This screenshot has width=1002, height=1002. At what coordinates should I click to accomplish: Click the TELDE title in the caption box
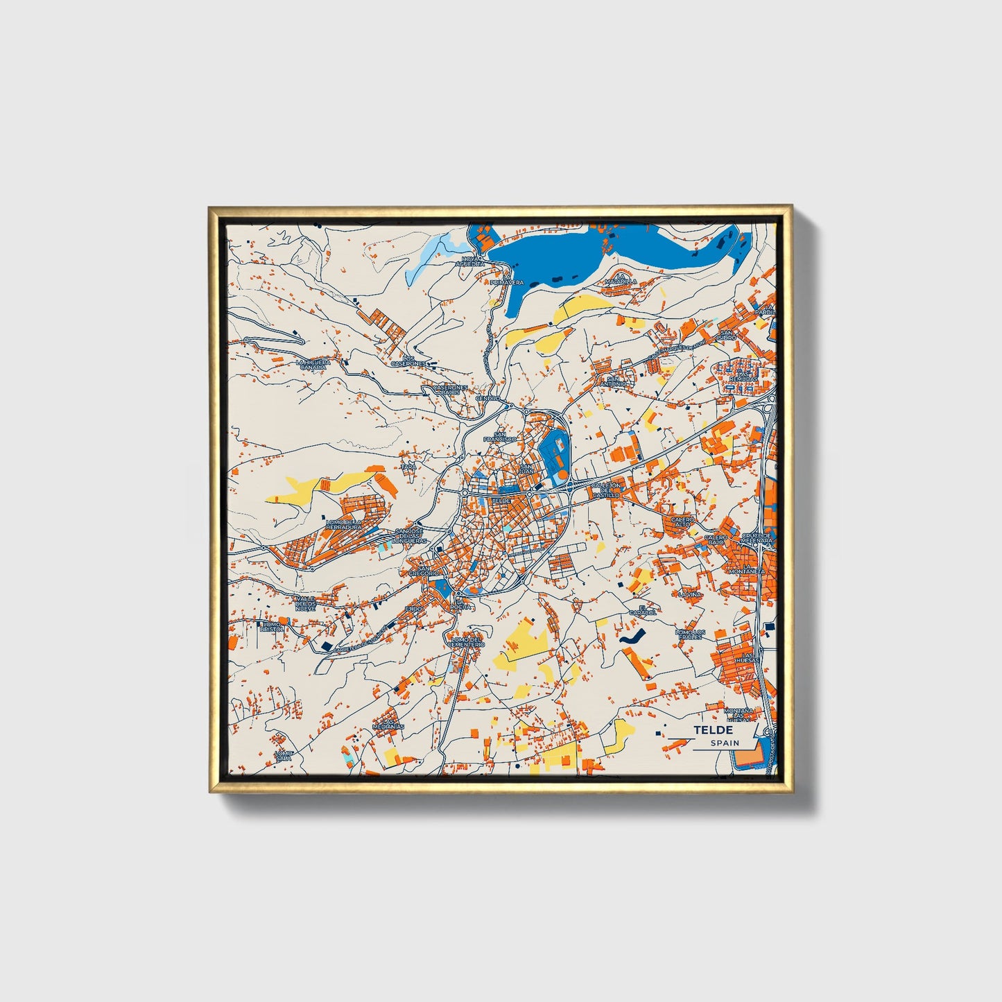(713, 730)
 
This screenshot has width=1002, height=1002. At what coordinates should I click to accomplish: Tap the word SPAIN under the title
(725, 743)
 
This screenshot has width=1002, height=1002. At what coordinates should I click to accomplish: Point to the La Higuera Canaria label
(313, 364)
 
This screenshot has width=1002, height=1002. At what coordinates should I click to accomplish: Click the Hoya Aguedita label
(470, 261)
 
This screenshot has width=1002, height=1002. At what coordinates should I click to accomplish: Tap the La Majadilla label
(620, 279)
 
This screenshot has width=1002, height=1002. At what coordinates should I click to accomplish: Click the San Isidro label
(727, 335)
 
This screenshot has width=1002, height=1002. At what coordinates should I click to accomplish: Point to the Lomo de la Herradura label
(344, 525)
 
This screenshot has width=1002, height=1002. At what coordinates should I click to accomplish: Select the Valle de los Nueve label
(305, 603)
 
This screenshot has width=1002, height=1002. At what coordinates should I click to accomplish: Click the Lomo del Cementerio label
(466, 641)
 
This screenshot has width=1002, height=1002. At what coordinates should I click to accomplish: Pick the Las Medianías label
(388, 723)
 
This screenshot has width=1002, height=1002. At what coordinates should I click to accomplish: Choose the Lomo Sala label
(283, 755)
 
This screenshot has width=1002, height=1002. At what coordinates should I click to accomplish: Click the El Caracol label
(642, 611)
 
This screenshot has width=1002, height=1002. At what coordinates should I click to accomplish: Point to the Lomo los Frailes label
(691, 634)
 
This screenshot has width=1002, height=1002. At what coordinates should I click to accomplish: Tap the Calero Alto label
(682, 521)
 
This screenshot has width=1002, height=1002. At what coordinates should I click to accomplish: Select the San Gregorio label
(423, 571)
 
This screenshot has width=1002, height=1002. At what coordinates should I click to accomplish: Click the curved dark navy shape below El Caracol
(631, 637)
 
